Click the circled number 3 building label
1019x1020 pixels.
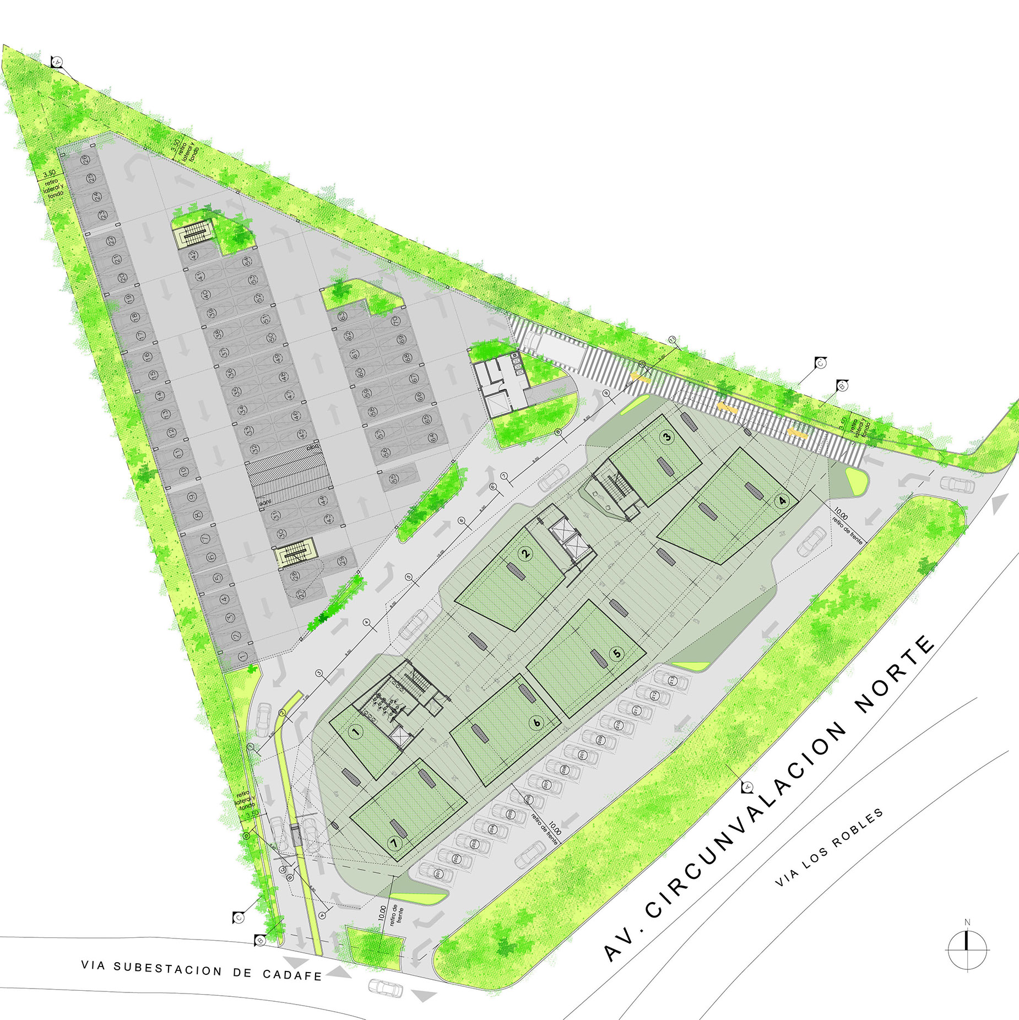tap(667, 438)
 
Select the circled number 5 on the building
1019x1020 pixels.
tap(616, 654)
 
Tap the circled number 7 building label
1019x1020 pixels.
tap(394, 842)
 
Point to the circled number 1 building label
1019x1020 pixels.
tap(356, 732)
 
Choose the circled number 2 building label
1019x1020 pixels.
tap(525, 553)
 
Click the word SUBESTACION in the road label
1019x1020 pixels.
tap(167, 969)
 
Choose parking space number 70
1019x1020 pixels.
tap(394, 321)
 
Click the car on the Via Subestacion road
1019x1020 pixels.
tap(386, 987)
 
